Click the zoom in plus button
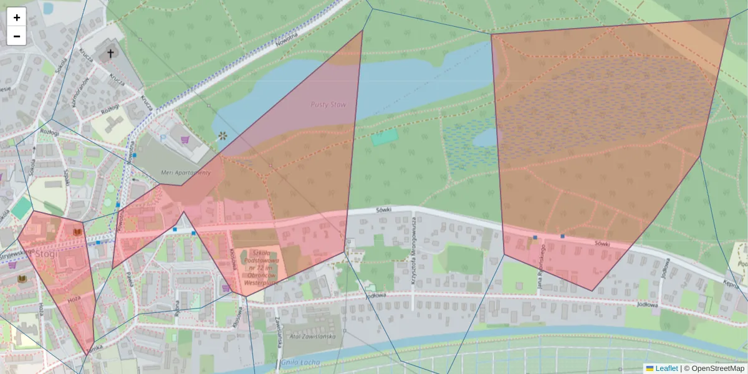(x=17, y=17)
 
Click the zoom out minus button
(x=17, y=36)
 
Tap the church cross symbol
(x=111, y=54)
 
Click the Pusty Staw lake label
(x=328, y=105)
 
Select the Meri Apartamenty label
(x=186, y=173)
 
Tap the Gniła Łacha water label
(x=300, y=362)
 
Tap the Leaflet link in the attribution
(x=666, y=368)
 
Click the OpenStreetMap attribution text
(x=714, y=368)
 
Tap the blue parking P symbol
(x=163, y=136)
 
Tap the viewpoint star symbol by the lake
(x=223, y=135)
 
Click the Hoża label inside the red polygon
(x=74, y=299)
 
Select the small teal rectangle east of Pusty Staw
(x=385, y=137)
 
